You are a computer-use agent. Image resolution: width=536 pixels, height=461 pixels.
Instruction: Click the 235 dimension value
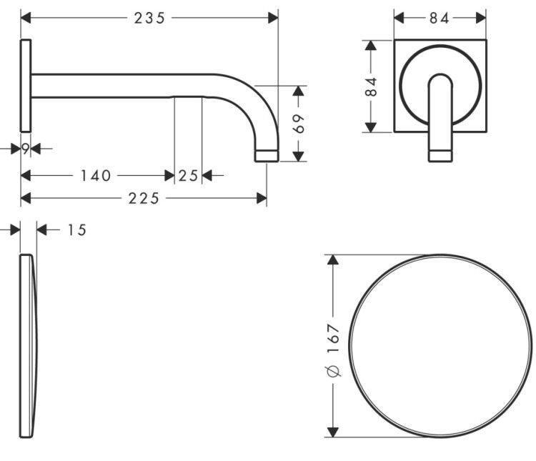click(149, 18)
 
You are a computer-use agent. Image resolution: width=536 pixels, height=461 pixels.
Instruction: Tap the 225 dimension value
click(144, 199)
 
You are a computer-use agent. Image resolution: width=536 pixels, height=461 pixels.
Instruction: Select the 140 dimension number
click(95, 176)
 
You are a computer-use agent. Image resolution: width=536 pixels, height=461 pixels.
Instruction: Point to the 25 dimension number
click(188, 176)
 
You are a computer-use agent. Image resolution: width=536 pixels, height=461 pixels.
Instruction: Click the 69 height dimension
click(299, 124)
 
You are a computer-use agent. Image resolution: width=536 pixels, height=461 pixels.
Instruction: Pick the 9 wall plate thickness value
click(26, 149)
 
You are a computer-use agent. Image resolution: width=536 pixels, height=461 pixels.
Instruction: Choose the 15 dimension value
click(77, 230)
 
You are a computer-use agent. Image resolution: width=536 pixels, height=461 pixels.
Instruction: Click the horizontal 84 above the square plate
click(440, 18)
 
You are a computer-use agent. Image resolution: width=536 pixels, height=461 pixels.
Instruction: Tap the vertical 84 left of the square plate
click(371, 86)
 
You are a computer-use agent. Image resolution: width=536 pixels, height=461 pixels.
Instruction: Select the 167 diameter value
click(333, 338)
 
